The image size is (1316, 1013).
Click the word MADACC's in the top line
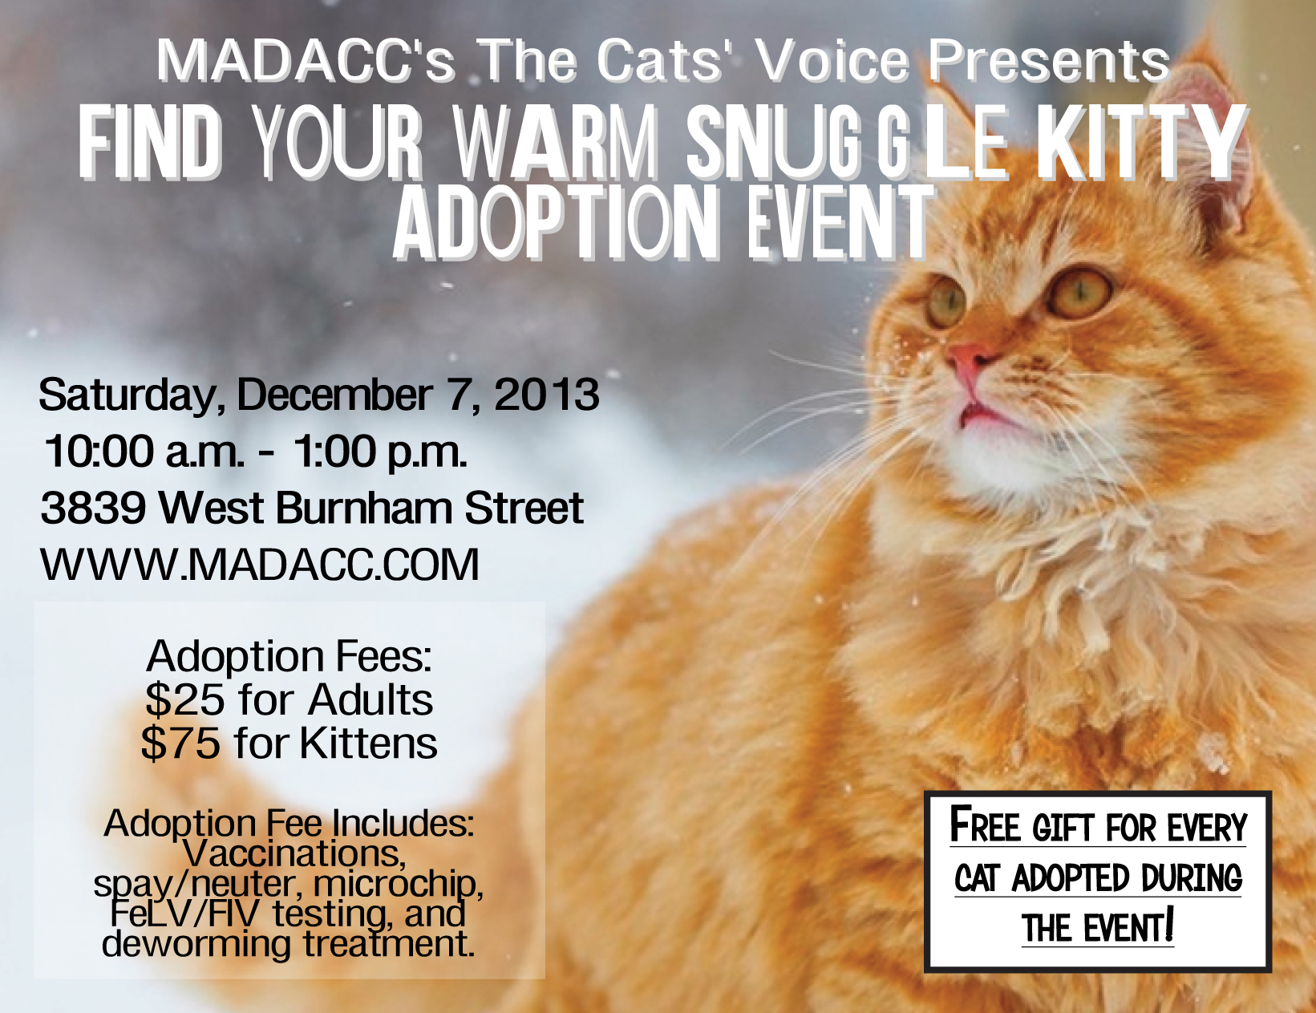(x=306, y=60)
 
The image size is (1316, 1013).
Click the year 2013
(x=547, y=395)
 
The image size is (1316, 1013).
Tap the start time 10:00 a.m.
(x=144, y=452)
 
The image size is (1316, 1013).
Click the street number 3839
(x=93, y=508)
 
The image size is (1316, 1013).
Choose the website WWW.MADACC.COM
(x=260, y=565)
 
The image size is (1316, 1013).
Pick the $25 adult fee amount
(x=184, y=700)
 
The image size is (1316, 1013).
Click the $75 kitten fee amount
(x=180, y=744)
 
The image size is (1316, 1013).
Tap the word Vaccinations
(x=294, y=853)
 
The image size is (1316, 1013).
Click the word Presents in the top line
(x=1048, y=60)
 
